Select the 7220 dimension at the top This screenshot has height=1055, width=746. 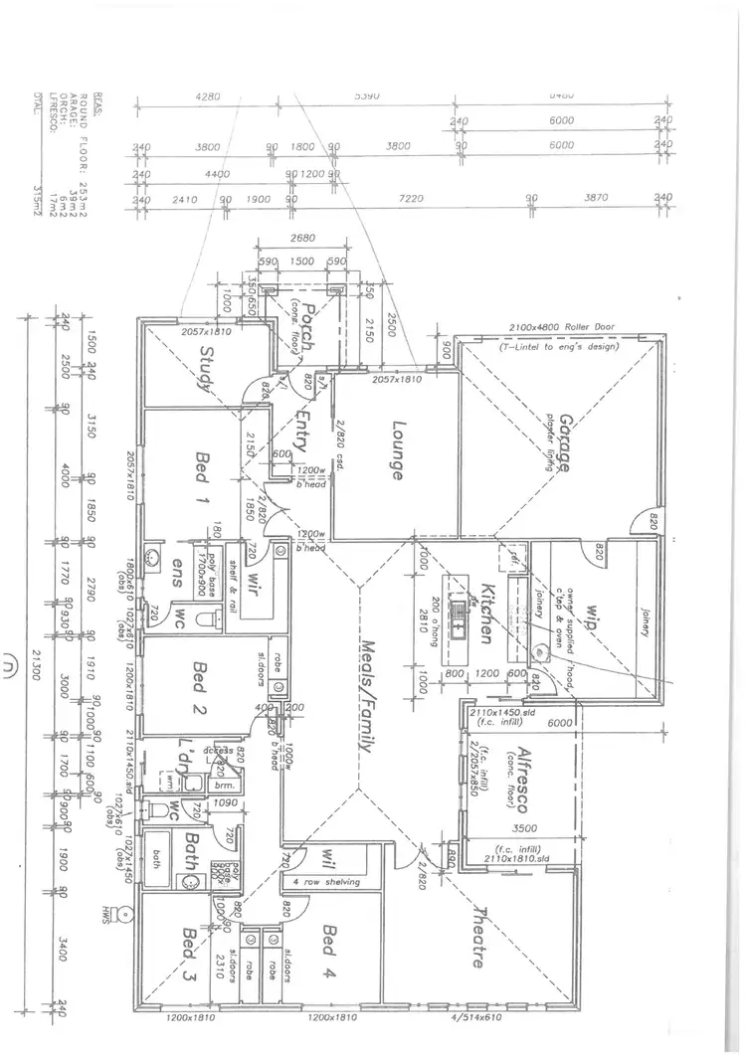[x=411, y=200]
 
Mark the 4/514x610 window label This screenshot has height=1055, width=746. [x=480, y=1018]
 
